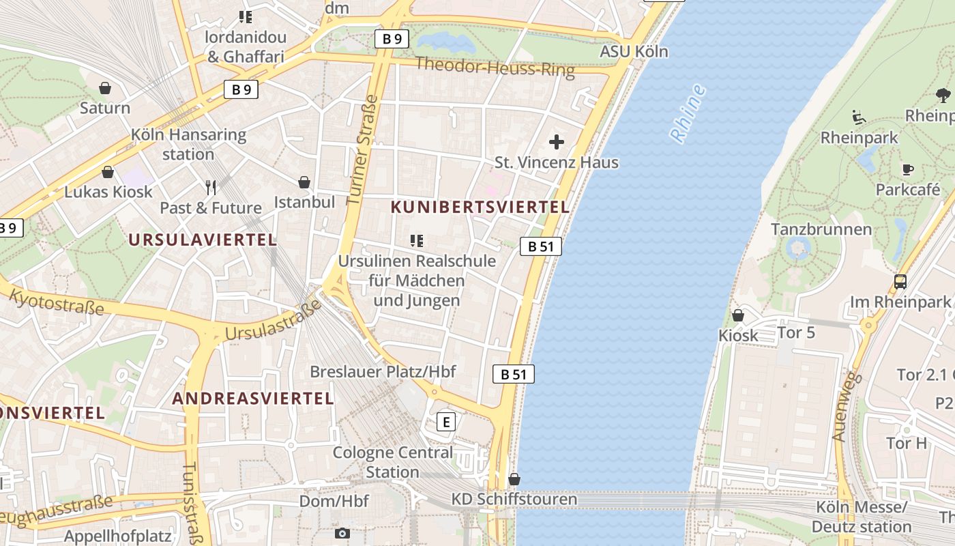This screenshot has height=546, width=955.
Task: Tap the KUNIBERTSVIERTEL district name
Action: click(480, 207)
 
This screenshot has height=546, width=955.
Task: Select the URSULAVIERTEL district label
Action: click(202, 240)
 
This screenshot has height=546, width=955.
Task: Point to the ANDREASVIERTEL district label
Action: click(253, 398)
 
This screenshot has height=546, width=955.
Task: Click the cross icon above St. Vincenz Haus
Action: click(557, 142)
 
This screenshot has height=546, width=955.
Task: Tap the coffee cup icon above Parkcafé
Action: click(907, 169)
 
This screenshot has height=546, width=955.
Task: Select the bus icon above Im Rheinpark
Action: click(900, 281)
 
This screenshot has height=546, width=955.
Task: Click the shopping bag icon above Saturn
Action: click(105, 88)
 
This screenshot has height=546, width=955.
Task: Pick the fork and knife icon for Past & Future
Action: click(211, 187)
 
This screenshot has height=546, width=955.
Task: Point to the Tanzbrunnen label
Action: click(821, 229)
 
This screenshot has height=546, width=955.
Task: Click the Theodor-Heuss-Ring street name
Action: click(495, 66)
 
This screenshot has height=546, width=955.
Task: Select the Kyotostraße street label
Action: click(57, 302)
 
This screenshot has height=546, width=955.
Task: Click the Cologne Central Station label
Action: click(392, 462)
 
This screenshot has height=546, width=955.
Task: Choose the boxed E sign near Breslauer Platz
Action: click(445, 422)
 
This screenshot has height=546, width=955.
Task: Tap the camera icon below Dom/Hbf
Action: click(342, 533)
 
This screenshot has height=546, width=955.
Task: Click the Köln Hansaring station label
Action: click(188, 144)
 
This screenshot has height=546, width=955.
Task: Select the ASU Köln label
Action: click(634, 52)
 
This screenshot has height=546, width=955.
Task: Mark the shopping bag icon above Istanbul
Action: click(304, 182)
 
